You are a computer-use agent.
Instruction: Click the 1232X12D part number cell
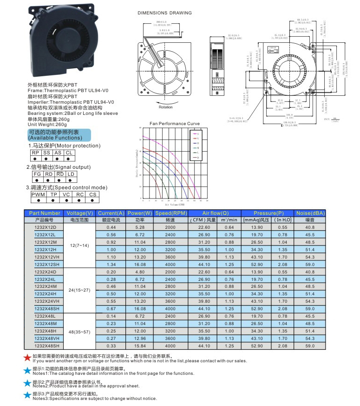click(45, 227)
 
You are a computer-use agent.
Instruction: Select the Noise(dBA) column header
click(309, 213)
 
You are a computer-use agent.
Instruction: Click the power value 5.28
click(140, 227)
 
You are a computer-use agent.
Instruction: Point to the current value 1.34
click(111, 264)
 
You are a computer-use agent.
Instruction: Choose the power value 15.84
click(140, 346)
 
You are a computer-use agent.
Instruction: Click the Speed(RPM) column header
click(170, 213)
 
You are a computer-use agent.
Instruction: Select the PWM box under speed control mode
click(38, 194)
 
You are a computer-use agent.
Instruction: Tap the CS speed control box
click(93, 194)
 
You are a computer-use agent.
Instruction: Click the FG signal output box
click(37, 173)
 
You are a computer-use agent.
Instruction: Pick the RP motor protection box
click(35, 153)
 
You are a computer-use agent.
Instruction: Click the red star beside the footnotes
click(27, 357)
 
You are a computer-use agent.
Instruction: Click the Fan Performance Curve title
click(174, 124)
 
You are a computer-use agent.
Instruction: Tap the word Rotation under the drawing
click(165, 107)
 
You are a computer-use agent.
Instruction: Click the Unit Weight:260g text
click(48, 124)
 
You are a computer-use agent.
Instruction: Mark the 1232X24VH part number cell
click(45, 301)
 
